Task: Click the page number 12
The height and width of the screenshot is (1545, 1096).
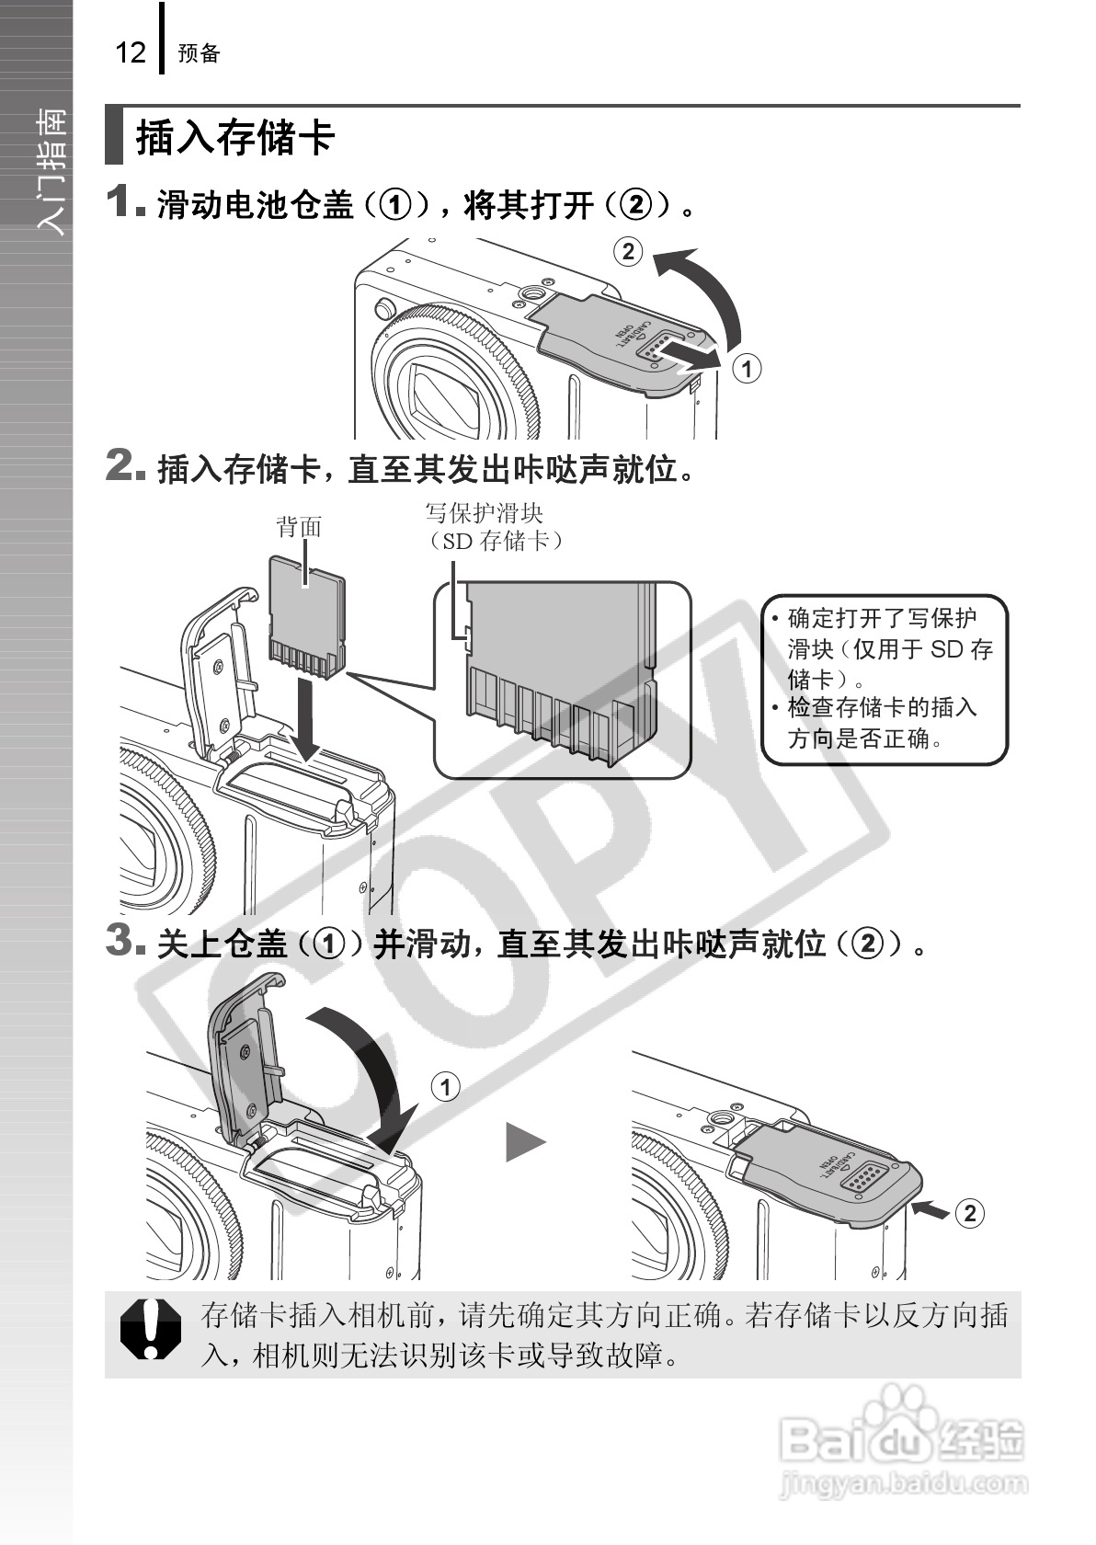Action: [x=131, y=52]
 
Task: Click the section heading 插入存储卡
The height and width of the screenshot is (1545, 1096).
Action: [x=236, y=137]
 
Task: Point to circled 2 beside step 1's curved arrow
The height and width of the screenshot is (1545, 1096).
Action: [x=628, y=252]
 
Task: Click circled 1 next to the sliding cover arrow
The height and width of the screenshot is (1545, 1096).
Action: [x=747, y=368]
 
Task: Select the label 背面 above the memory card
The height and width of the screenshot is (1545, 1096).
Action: [x=300, y=527]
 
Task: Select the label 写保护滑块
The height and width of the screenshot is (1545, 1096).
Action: [x=485, y=513]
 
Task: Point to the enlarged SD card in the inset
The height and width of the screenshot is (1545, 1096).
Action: [x=560, y=672]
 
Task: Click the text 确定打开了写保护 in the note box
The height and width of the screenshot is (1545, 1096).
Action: [x=882, y=619]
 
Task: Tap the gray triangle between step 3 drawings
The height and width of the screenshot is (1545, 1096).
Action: [x=526, y=1141]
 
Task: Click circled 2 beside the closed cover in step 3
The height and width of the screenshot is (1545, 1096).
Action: [x=969, y=1213]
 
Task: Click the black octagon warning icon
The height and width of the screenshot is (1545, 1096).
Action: [x=151, y=1329]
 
